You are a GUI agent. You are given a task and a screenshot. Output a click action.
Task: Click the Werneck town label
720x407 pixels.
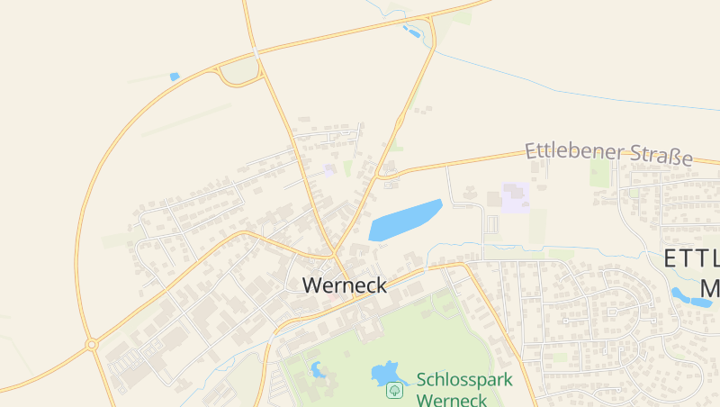coord(345,285)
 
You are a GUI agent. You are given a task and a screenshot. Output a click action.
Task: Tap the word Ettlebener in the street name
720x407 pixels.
coord(569,150)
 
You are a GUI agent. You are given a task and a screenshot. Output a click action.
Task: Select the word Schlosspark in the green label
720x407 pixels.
coord(463,379)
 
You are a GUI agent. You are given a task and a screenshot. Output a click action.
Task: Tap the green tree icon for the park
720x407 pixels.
coord(393,390)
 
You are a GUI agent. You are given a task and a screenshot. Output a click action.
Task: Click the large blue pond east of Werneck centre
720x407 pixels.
coord(405,220)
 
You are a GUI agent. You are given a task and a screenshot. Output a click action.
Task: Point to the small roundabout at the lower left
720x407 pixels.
coord(91,344)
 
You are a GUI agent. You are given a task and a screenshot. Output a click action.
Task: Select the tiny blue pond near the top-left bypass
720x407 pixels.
coord(175,77)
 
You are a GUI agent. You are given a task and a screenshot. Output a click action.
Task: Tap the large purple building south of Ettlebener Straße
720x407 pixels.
coord(515,196)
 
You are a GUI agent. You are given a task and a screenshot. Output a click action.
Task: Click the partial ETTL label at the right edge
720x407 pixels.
coord(691,259)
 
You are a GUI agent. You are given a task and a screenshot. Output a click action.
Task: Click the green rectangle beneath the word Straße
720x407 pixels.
coord(600,172)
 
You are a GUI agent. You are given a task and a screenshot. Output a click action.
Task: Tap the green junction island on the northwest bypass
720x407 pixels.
coord(239,71)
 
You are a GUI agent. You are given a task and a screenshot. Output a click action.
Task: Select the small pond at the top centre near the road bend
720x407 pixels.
coord(412,32)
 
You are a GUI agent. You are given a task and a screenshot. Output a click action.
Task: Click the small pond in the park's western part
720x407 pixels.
coord(318,369)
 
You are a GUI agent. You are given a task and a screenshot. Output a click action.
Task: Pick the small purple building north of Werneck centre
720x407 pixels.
coord(330,169)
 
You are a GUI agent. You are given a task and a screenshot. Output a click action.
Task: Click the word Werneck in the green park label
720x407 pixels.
coord(453,400)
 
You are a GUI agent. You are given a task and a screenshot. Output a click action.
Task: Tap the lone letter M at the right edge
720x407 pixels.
coord(710,289)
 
